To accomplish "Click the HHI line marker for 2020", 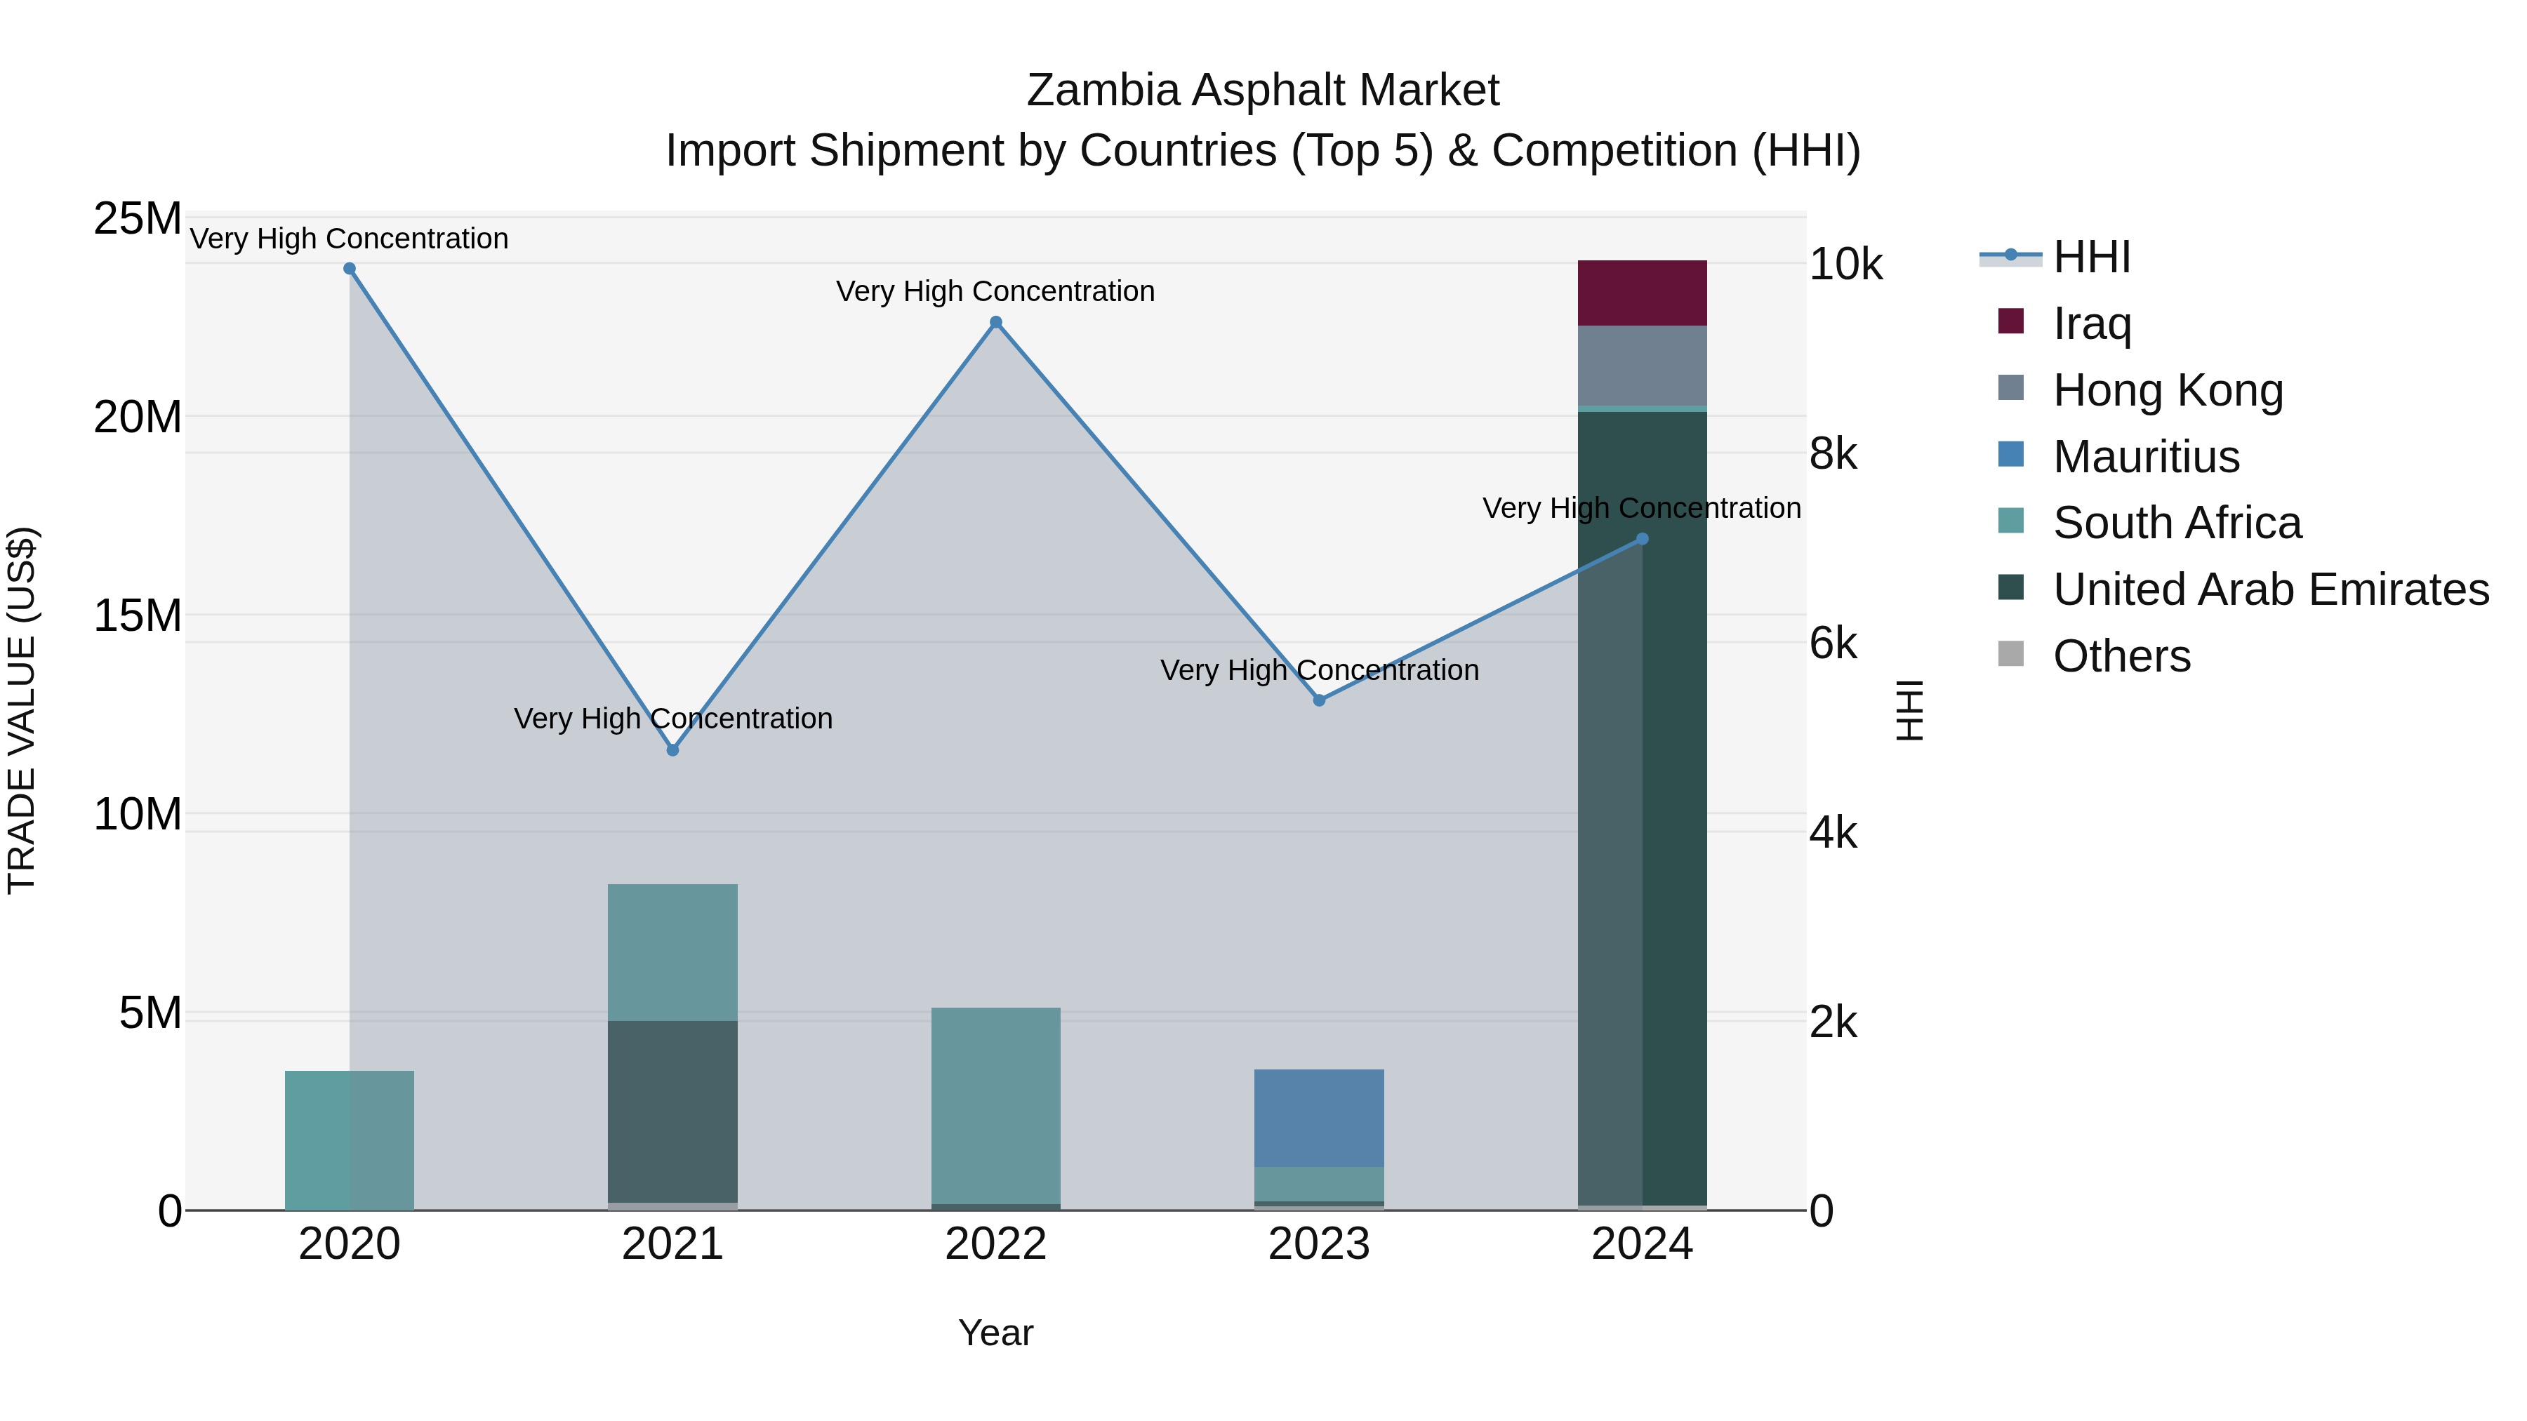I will pyautogui.click(x=350, y=269).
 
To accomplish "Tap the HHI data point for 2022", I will pyautogui.click(x=995, y=323).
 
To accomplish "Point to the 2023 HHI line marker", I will pyautogui.click(x=1320, y=700).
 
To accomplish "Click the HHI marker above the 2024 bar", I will pyautogui.click(x=1642, y=540).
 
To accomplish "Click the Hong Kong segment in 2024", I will pyautogui.click(x=1642, y=366).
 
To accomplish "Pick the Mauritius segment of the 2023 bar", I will pyautogui.click(x=1320, y=1118).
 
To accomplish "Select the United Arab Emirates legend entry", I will pyautogui.click(x=2270, y=589).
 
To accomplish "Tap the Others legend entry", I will pyautogui.click(x=2121, y=656).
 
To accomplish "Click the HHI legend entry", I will pyautogui.click(x=2090, y=257).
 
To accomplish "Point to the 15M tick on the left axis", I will pyautogui.click(x=138, y=616).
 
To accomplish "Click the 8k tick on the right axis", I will pyautogui.click(x=1833, y=454).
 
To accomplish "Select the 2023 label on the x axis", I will pyautogui.click(x=1320, y=1244).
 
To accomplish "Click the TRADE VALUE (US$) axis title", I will pyautogui.click(x=22, y=710).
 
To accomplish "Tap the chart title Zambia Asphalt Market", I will pyautogui.click(x=1263, y=91).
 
